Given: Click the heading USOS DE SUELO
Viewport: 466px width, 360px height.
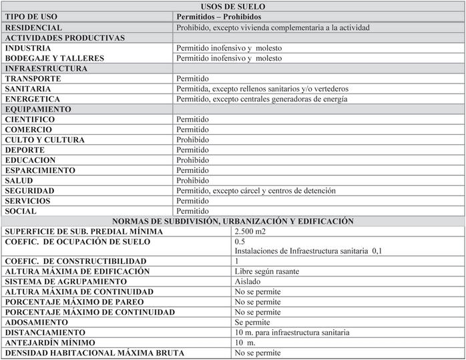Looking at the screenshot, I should coord(232,7).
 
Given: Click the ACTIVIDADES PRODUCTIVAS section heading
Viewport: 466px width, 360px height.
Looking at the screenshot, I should coord(65,38).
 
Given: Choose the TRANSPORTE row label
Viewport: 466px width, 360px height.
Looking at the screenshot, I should coord(33,79).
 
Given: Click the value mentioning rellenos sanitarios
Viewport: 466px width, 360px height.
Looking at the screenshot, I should coord(262,89).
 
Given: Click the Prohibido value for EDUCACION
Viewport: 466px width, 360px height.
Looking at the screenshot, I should coord(192,160).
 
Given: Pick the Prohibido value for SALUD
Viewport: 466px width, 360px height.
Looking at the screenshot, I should coord(192,180).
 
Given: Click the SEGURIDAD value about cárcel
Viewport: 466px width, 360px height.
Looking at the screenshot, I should coord(256,191).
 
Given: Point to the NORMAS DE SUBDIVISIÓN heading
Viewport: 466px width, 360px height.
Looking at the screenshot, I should coord(232,221).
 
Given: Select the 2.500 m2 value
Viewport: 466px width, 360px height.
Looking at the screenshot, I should coord(250,231).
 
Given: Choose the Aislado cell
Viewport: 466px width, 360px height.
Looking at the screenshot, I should coord(248,282).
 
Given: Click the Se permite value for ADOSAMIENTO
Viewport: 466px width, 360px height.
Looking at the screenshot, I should coord(252,322).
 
